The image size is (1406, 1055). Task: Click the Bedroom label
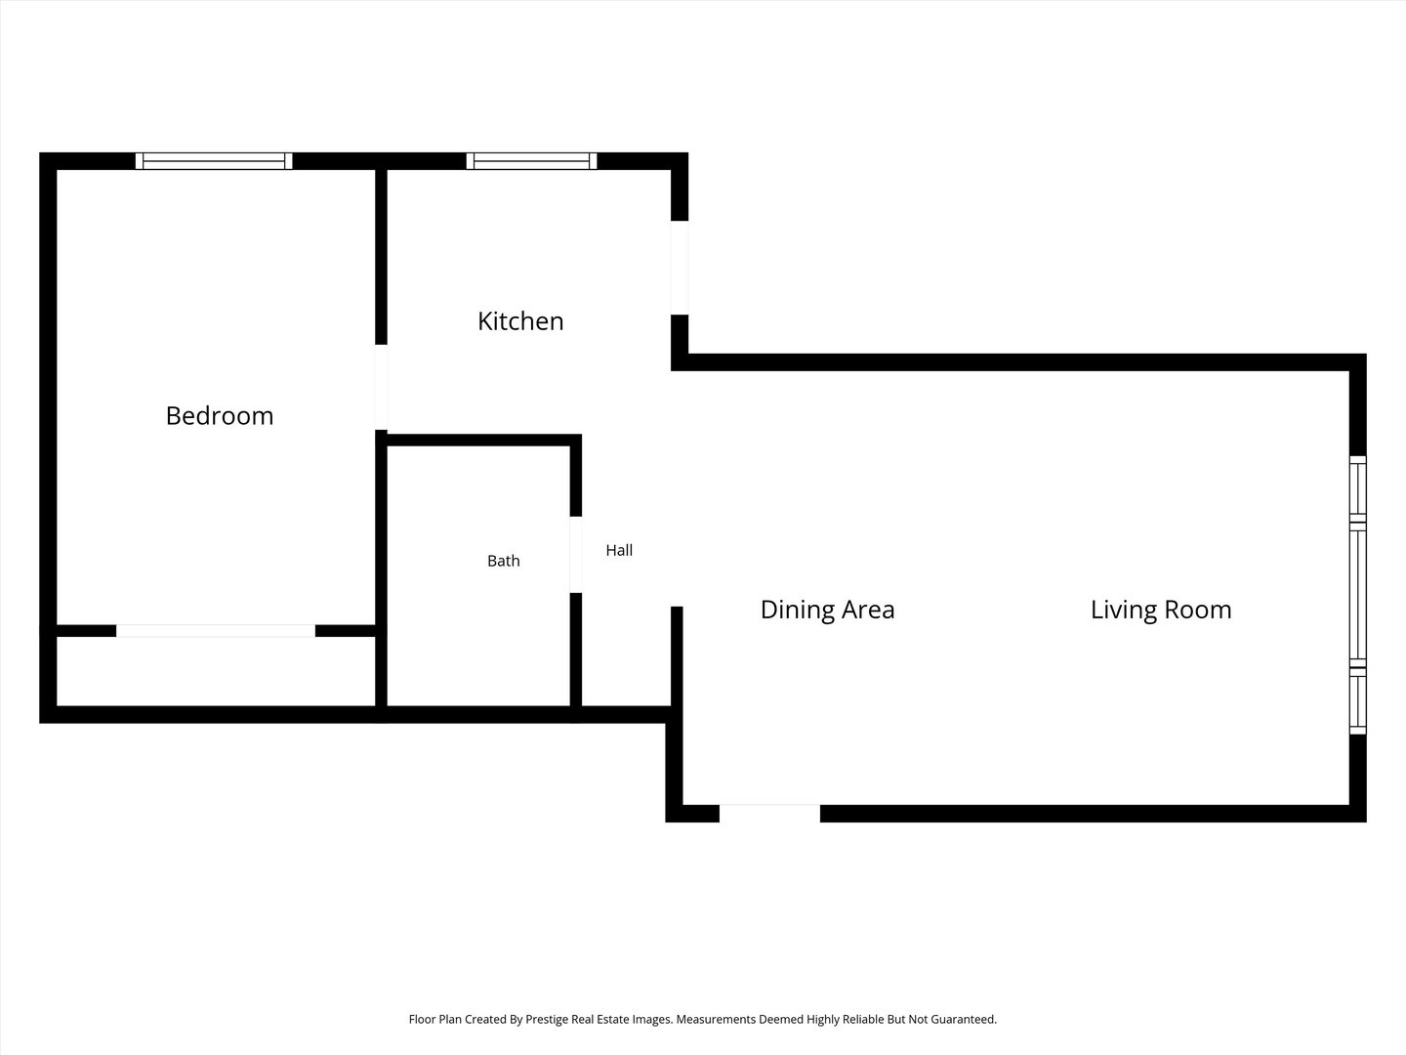click(x=219, y=416)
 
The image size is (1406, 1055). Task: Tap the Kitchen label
click(x=520, y=321)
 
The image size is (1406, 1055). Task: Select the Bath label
click(x=504, y=561)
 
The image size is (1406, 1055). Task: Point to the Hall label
click(x=619, y=550)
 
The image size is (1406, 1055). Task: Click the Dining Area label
click(x=827, y=610)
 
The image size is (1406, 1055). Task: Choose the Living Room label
click(x=1161, y=610)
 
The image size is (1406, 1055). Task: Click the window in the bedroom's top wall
click(x=214, y=161)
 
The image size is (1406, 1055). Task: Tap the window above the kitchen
click(x=532, y=161)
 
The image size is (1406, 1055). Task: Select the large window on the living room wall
click(x=1358, y=595)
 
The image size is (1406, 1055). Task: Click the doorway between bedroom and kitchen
click(x=381, y=388)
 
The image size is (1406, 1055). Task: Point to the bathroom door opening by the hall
click(x=576, y=555)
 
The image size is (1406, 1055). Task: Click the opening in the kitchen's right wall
click(x=680, y=268)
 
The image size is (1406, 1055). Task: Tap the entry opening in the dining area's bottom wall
click(x=769, y=814)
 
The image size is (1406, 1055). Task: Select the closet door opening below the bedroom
click(x=215, y=631)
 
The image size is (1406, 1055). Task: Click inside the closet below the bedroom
click(x=215, y=671)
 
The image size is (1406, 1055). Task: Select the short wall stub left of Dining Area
click(x=677, y=655)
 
